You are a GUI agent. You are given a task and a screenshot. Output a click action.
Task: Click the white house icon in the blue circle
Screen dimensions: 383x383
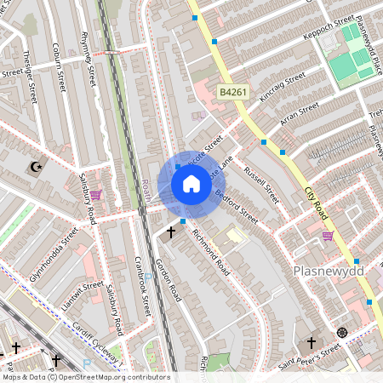[x=191, y=183]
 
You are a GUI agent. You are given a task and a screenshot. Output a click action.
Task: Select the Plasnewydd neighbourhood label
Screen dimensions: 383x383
[x=328, y=271]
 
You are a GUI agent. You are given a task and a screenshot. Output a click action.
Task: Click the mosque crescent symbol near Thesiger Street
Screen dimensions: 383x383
[x=35, y=167]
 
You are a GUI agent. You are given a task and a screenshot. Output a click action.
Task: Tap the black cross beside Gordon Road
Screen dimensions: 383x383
[x=170, y=231]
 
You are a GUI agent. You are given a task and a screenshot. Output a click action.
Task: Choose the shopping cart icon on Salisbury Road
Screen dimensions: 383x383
[x=95, y=195]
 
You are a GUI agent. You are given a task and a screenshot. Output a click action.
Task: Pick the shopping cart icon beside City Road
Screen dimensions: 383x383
[x=328, y=236]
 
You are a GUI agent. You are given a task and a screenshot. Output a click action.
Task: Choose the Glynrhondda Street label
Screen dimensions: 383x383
[x=54, y=248]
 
